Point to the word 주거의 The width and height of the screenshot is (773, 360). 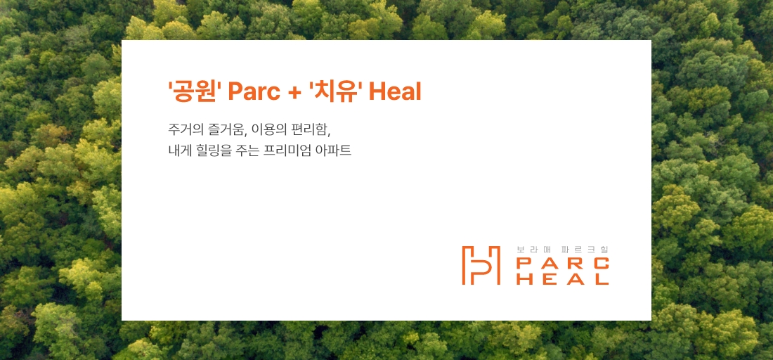(x=184, y=130)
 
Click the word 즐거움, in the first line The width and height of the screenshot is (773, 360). (x=228, y=130)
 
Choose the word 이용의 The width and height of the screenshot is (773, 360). (x=271, y=130)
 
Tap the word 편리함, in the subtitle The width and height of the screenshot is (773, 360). (x=311, y=130)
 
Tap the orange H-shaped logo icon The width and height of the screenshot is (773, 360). (x=481, y=265)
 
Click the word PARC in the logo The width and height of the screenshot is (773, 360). (x=562, y=264)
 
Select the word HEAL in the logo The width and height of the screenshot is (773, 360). (x=562, y=278)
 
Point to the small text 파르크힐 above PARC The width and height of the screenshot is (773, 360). (x=585, y=250)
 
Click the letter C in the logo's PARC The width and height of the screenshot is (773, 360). (x=602, y=264)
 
